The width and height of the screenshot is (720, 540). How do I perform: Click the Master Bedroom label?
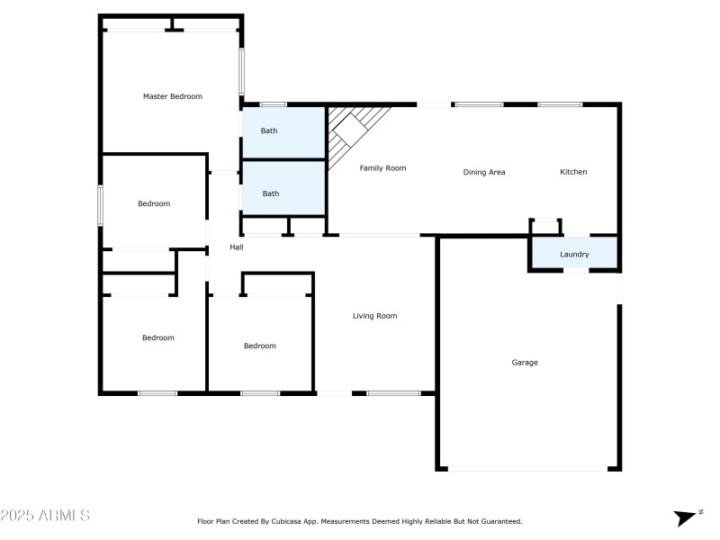pos(173,96)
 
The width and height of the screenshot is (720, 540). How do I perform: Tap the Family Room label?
pos(383,168)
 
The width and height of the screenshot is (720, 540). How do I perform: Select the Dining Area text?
pos(484,172)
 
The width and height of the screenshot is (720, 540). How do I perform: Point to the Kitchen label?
pos(573,172)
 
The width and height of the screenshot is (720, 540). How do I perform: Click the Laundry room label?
pos(574,255)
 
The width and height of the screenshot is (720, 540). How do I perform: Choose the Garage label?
pos(525,363)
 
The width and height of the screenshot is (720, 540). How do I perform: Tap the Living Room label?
pos(374,316)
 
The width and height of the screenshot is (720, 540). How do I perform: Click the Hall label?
pos(237,247)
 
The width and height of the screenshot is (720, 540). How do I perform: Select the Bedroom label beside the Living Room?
pos(260,346)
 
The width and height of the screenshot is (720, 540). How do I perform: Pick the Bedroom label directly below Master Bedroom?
pos(154,203)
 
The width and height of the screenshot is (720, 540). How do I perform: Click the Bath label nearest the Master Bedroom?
pos(269,131)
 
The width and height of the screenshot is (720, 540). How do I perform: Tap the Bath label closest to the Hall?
pos(270,193)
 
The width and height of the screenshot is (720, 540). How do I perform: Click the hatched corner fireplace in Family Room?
pos(353,130)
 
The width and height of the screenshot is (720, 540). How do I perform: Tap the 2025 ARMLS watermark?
pos(45,516)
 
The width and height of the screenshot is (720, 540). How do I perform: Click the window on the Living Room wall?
pos(393,392)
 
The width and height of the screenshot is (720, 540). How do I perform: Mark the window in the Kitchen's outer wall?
pos(560,104)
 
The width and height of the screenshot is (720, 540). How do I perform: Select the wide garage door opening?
pos(528,469)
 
